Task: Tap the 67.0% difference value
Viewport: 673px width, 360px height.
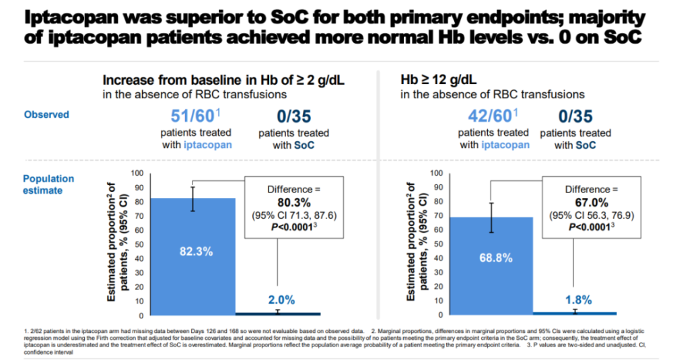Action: click(592, 202)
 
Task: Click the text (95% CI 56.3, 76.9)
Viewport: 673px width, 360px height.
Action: click(592, 215)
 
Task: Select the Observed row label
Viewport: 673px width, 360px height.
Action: click(46, 114)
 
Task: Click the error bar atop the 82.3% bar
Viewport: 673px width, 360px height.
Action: click(193, 198)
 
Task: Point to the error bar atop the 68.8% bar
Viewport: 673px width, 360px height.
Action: click(491, 217)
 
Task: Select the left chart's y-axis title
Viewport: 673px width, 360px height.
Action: click(116, 244)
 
